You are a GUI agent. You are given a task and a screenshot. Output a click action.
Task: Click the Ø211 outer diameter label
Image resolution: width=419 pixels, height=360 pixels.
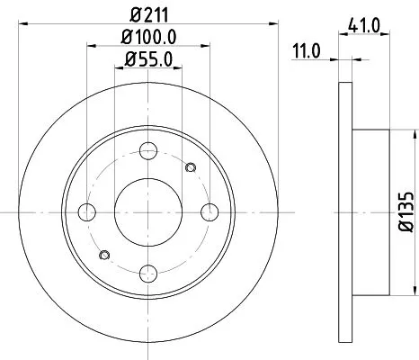148,13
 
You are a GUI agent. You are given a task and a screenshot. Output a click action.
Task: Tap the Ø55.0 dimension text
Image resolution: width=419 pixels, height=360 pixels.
148,61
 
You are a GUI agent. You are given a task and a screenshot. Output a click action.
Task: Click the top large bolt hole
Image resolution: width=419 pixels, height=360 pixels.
148,150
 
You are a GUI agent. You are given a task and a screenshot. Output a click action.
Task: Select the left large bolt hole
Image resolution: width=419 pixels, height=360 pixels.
87,211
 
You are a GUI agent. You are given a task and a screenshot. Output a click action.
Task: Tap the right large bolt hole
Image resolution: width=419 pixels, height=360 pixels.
209,211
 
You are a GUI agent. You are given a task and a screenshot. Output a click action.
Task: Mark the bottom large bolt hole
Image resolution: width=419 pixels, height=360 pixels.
148,273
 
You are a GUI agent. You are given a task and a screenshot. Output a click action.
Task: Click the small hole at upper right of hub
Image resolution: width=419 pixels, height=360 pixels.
189,167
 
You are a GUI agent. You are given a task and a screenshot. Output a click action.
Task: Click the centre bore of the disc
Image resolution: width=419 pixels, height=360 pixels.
148,211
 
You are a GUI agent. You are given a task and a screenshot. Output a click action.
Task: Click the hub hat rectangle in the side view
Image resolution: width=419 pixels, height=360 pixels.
369,211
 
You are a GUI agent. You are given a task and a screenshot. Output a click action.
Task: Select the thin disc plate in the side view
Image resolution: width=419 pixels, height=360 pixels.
343,211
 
